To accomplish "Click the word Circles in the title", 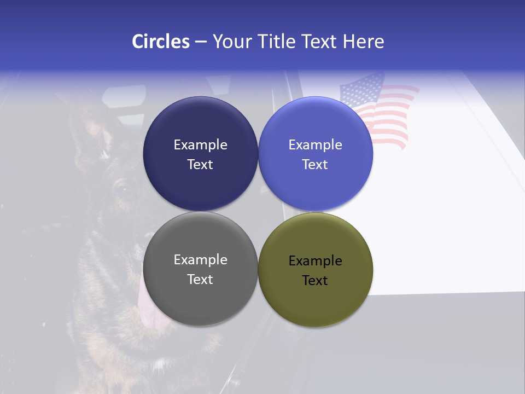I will (x=160, y=42).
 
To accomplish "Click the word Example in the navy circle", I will (x=200, y=145).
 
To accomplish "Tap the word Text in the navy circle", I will (x=200, y=165).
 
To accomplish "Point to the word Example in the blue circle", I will (x=316, y=145).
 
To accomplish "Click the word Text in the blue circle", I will (x=316, y=165).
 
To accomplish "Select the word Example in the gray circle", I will (x=200, y=260).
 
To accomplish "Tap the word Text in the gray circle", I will (x=200, y=280).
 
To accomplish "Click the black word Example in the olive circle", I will (x=316, y=261).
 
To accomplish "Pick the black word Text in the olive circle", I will (x=316, y=281).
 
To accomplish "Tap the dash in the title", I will (x=201, y=42).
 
